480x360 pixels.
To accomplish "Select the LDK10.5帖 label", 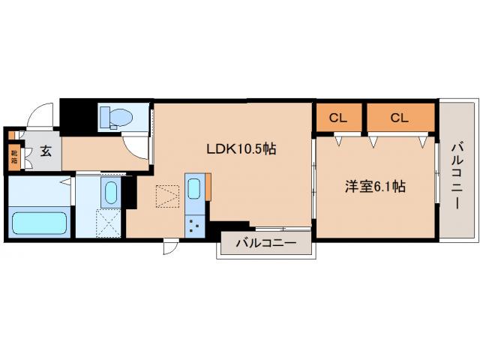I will [x=241, y=149].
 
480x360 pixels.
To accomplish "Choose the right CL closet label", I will [x=399, y=117].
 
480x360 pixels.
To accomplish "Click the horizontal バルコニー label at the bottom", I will [x=264, y=243].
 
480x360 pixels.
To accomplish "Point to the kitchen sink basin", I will [x=194, y=187].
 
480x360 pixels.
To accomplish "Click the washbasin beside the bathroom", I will [x=110, y=192].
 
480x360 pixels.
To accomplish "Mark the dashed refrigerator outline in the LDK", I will [x=166, y=196].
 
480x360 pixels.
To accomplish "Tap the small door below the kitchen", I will [x=171, y=247].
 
